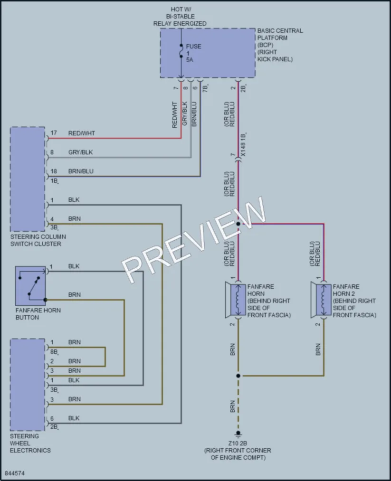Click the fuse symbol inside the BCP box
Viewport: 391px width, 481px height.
181,51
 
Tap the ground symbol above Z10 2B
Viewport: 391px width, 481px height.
238,434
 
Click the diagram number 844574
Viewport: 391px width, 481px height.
14,473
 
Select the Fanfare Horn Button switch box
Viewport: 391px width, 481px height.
30,286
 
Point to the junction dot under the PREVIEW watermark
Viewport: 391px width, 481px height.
238,224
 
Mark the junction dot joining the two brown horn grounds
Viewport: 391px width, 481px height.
238,376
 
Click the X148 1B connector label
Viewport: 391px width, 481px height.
243,145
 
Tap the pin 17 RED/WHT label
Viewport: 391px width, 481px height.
81,133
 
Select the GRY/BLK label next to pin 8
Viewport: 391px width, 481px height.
80,152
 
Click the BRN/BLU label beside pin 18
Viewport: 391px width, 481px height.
81,171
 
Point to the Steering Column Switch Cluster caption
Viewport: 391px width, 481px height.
38,240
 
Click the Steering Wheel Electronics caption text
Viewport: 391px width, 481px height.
30,443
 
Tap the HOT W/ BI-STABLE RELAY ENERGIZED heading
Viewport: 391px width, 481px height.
180,16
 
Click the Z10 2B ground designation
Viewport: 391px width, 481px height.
238,443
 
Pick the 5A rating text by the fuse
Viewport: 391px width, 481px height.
190,59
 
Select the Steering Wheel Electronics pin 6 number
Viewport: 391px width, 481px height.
52,418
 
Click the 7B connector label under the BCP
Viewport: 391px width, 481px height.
205,88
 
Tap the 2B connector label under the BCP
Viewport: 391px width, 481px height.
243,88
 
